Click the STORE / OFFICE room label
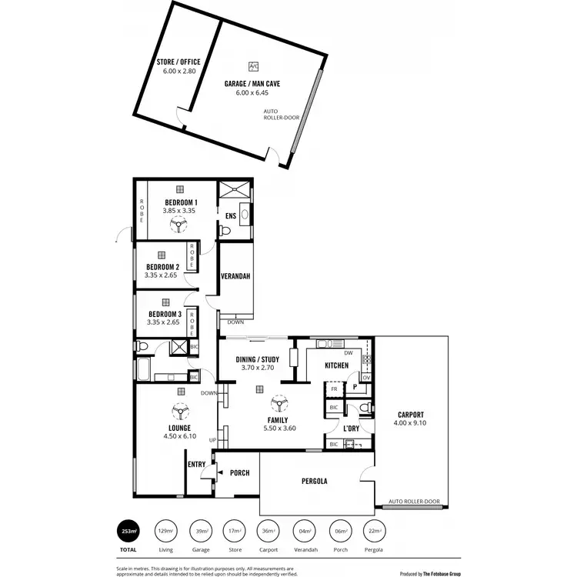179,62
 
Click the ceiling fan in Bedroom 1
179,224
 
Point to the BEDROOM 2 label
163,268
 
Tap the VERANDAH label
235,276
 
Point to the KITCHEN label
338,365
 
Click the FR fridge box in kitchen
334,390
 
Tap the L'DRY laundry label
351,428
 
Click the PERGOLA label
314,482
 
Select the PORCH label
239,472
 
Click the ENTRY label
196,464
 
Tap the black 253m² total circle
128,531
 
